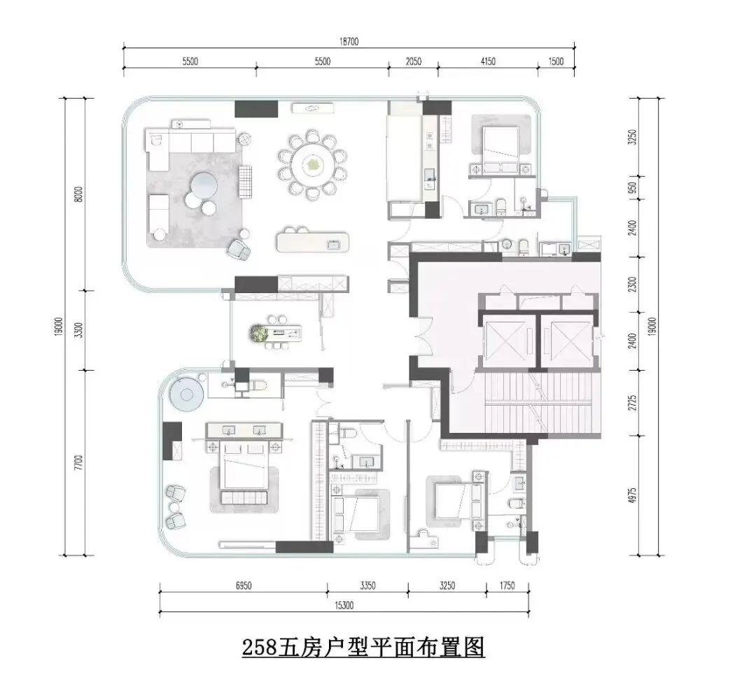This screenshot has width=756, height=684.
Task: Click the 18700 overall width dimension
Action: pyautogui.click(x=349, y=41)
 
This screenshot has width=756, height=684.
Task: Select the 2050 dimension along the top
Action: pyautogui.click(x=413, y=61)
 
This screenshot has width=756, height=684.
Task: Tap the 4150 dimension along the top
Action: pyautogui.click(x=488, y=61)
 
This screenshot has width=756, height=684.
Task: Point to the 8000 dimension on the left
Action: pyautogui.click(x=79, y=194)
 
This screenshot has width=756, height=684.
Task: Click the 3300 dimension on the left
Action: pyautogui.click(x=79, y=330)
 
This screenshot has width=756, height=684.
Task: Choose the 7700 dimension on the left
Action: pyautogui.click(x=79, y=463)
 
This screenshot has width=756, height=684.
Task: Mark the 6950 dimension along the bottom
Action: pyautogui.click(x=244, y=585)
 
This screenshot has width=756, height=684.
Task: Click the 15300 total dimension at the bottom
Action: pyautogui.click(x=344, y=606)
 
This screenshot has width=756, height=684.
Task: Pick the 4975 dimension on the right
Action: pyautogui.click(x=633, y=496)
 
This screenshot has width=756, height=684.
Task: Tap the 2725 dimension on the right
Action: pyautogui.click(x=633, y=403)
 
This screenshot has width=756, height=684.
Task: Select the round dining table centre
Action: pyautogui.click(x=312, y=164)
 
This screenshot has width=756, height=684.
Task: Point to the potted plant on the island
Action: pyautogui.click(x=260, y=334)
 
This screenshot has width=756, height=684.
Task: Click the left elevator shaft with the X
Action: pyautogui.click(x=506, y=340)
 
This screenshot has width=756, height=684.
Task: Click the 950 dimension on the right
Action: pyautogui.click(x=633, y=187)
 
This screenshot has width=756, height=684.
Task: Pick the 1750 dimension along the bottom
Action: pyautogui.click(x=507, y=585)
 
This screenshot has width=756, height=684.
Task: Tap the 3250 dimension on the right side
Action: pyautogui.click(x=633, y=137)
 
